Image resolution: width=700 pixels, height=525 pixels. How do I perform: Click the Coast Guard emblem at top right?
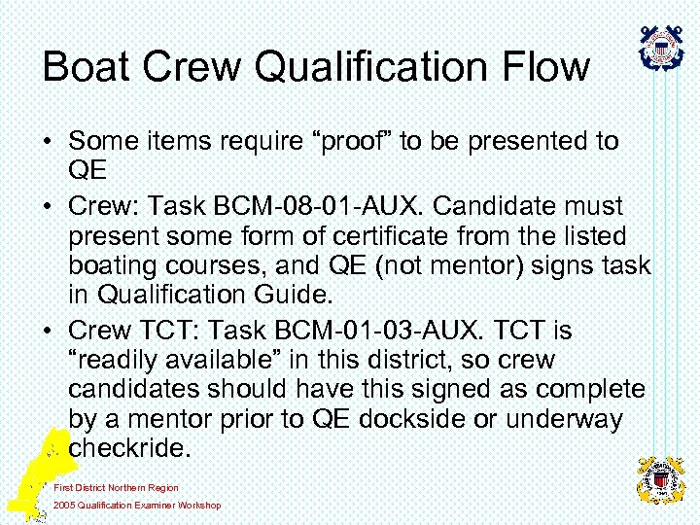tap(661, 48)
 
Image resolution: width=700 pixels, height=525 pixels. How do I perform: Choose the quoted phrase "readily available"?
tap(184, 361)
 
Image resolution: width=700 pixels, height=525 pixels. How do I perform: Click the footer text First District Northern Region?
tap(116, 487)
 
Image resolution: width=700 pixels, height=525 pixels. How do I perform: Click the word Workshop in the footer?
tap(198, 505)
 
